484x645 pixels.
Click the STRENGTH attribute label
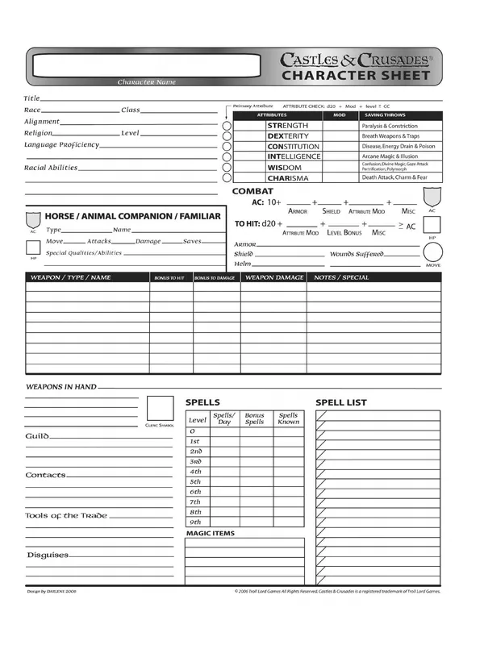pyautogui.click(x=287, y=126)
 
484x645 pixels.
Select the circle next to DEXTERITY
pyautogui.click(x=227, y=136)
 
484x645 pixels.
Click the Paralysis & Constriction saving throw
pyautogui.click(x=390, y=126)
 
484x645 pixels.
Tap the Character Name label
pyautogui.click(x=146, y=82)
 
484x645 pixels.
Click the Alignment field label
pyautogui.click(x=41, y=122)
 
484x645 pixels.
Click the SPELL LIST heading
pyautogui.click(x=340, y=402)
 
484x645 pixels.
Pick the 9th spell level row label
pyautogui.click(x=195, y=522)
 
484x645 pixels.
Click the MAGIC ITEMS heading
pyautogui.click(x=211, y=534)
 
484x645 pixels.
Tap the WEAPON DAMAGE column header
pyautogui.click(x=274, y=277)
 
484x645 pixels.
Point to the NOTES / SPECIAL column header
pyautogui.click(x=341, y=277)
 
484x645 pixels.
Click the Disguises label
pyautogui.click(x=48, y=555)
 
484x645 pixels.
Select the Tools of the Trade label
pyautogui.click(x=65, y=515)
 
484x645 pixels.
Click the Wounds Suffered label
pyautogui.click(x=358, y=253)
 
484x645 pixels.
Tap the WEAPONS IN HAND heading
pyautogui.click(x=61, y=387)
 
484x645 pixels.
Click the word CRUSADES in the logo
pyautogui.click(x=389, y=59)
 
